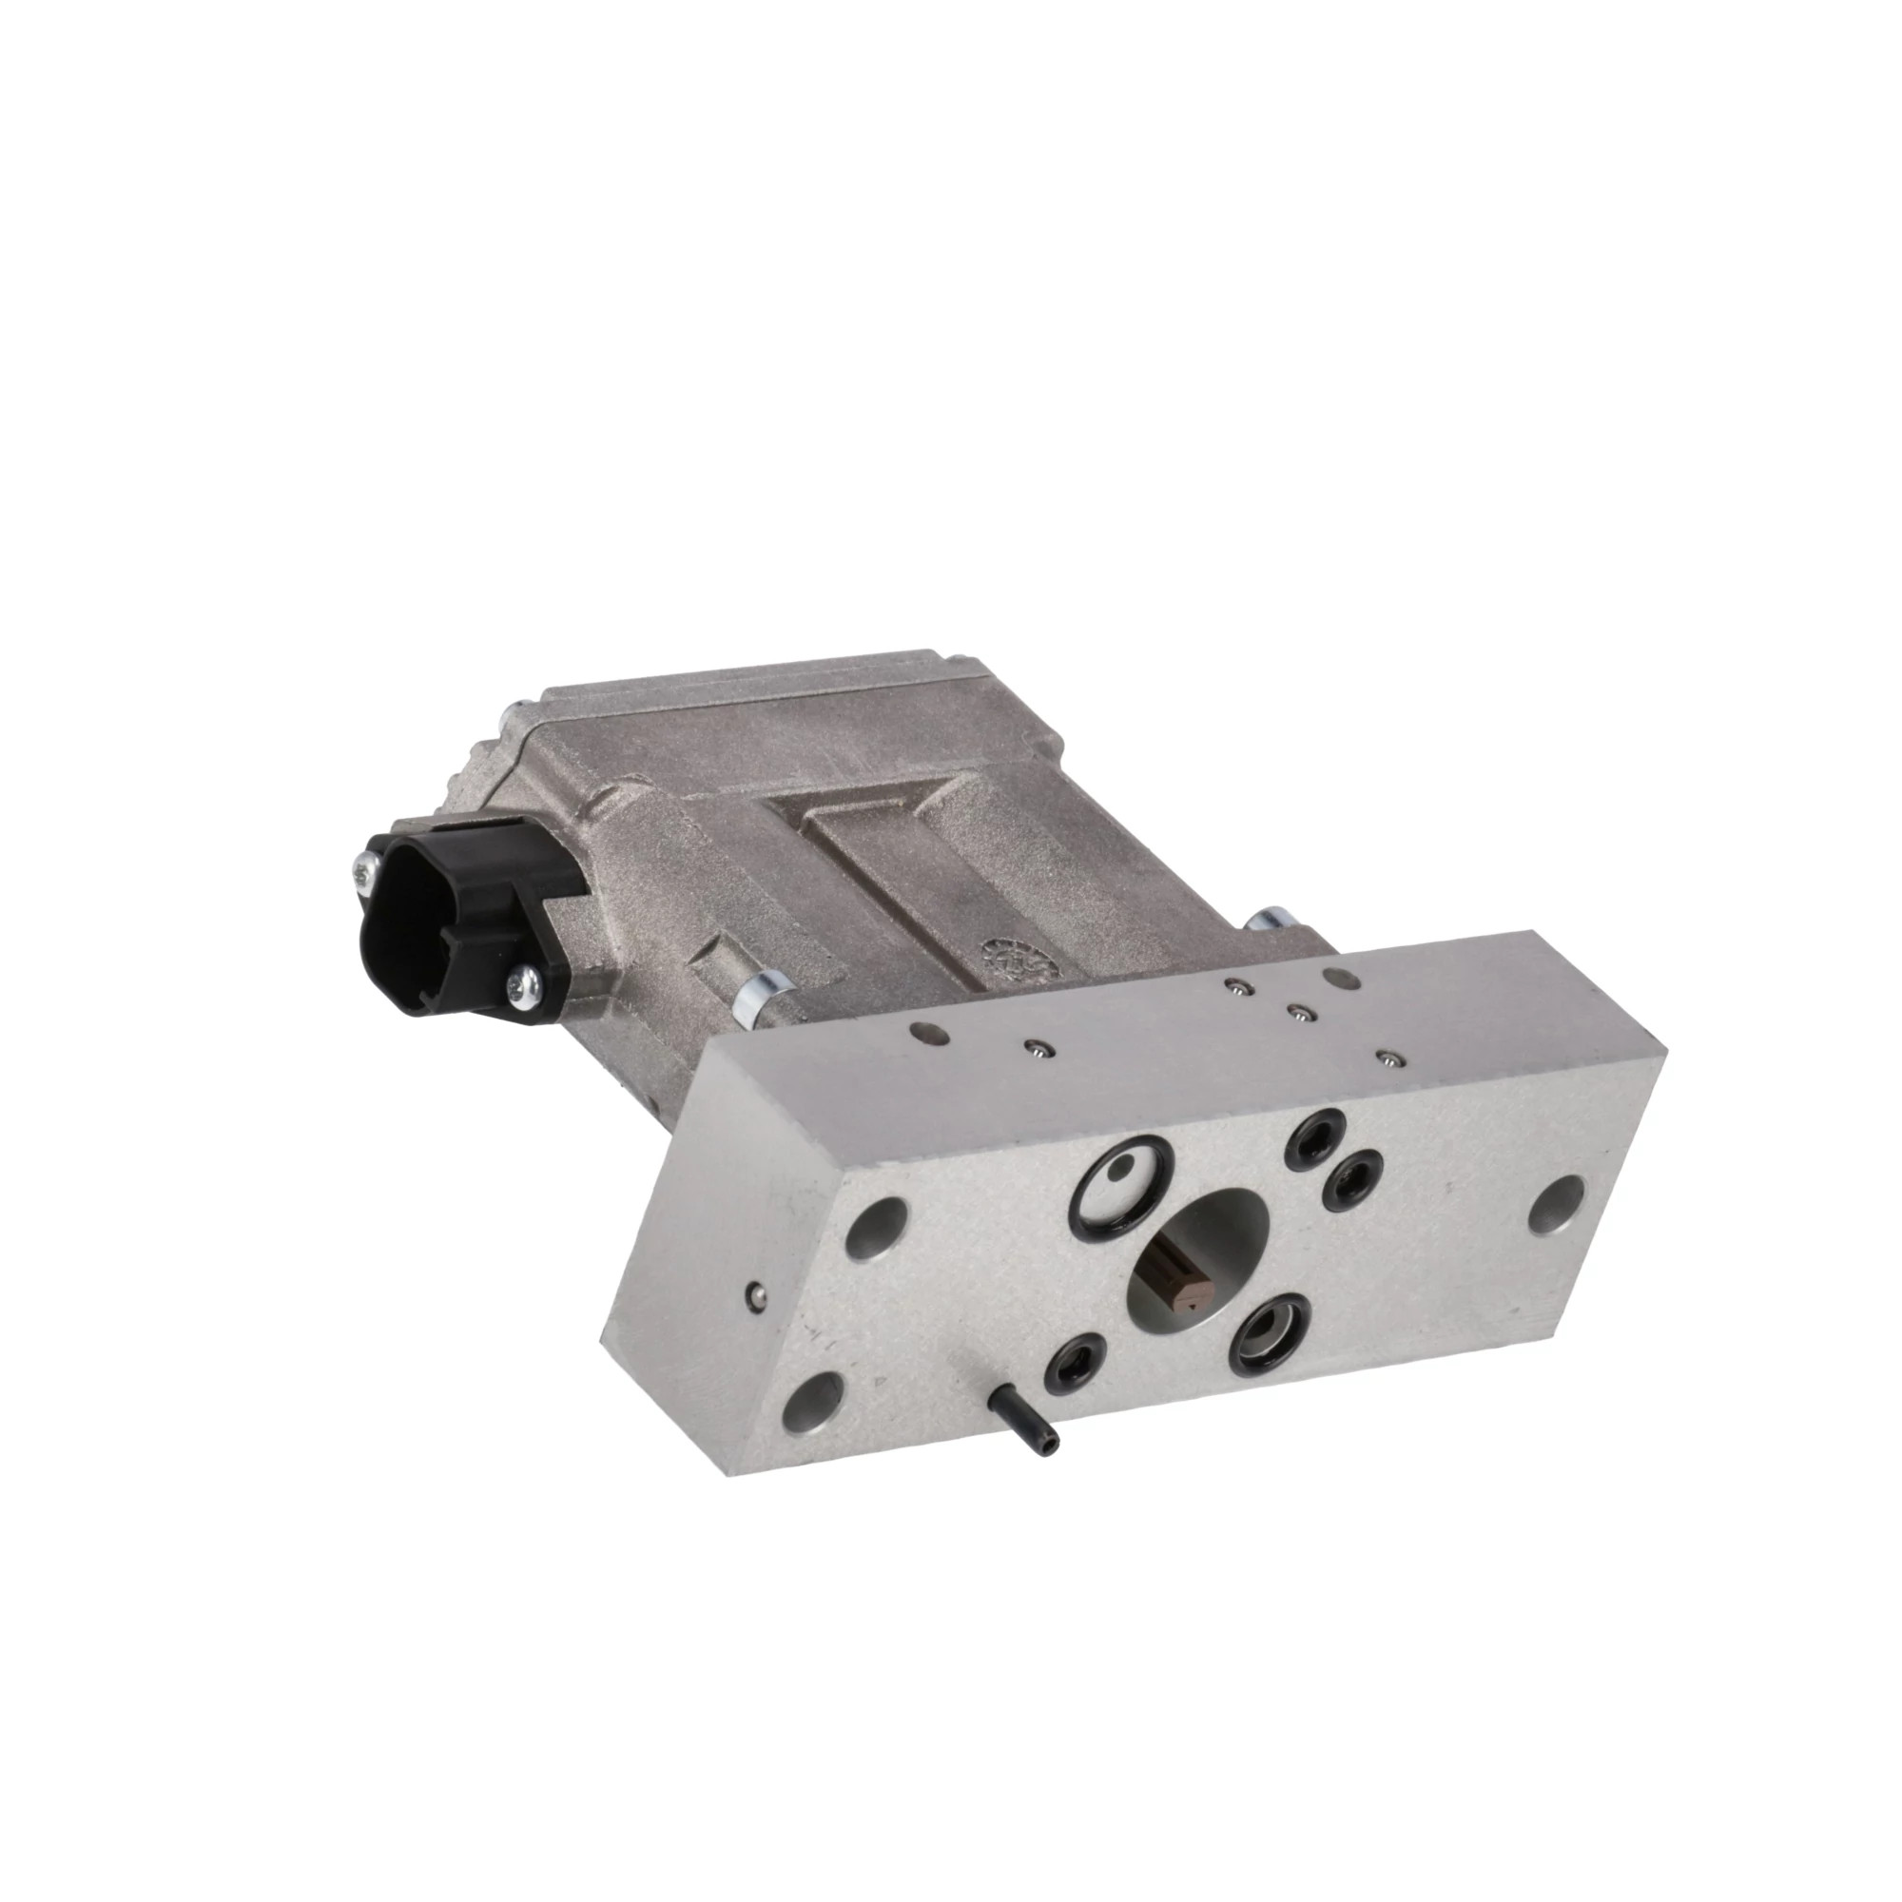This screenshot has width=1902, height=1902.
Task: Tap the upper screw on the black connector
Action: click(x=364, y=869)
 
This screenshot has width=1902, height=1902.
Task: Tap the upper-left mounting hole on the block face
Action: click(x=877, y=1228)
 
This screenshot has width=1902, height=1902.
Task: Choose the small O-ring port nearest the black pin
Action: click(x=1074, y=1363)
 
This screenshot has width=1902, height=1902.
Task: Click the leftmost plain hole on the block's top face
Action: click(x=922, y=1031)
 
